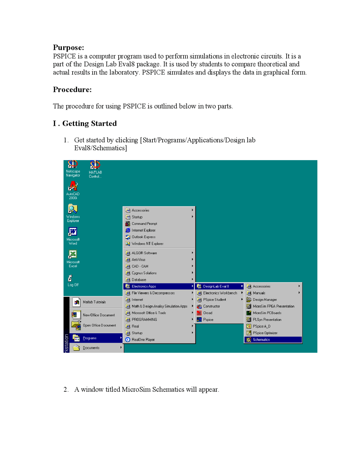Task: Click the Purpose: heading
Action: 68,48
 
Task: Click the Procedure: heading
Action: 72,90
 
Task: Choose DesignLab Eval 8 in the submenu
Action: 216,286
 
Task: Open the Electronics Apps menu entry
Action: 144,286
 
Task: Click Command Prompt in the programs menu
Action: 144,224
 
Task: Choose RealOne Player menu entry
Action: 143,340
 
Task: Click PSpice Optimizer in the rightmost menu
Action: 265,333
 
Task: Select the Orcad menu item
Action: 208,313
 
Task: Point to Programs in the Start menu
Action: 89,338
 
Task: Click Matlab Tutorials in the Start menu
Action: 94,302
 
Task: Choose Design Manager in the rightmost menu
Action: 265,300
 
